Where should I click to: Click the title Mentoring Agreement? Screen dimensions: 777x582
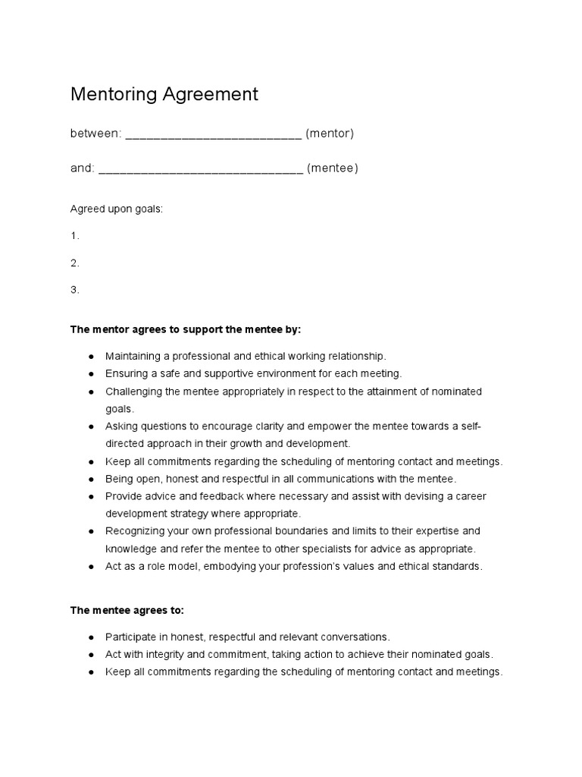164,94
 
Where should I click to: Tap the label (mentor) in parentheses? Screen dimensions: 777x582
330,134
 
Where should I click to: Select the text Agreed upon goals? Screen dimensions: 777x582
117,209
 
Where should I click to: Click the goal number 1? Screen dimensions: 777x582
74,236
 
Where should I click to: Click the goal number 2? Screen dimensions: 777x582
74,263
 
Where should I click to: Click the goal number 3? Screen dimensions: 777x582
74,290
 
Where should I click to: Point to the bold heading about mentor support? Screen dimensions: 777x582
186,329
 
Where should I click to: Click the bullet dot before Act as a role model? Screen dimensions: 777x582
91,567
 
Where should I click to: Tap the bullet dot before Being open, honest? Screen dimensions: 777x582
91,479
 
